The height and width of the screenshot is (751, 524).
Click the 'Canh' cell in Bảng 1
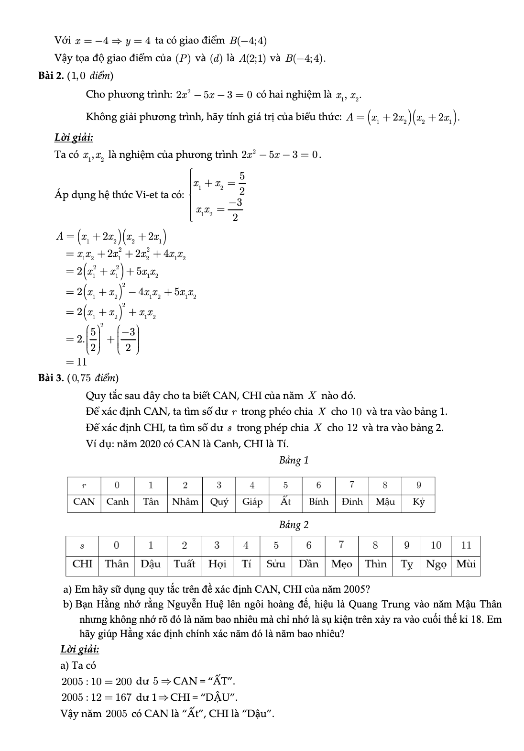[118, 502]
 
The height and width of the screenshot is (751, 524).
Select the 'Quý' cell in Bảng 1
[219, 502]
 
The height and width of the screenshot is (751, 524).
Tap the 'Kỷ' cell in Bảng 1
[418, 502]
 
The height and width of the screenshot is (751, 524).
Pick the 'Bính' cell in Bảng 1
[318, 502]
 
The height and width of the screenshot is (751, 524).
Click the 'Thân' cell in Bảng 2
[117, 564]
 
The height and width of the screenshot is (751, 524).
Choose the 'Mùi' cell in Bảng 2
[466, 564]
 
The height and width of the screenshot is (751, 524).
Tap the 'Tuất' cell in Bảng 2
[184, 564]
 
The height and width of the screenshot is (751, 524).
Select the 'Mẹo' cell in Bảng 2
[342, 564]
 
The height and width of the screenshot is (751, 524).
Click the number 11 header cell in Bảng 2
[466, 545]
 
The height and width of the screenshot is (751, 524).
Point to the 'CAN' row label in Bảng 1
[84, 502]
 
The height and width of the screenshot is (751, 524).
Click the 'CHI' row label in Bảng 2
[82, 564]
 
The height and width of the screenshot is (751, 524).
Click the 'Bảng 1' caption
[294, 460]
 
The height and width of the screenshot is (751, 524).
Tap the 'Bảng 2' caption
[294, 525]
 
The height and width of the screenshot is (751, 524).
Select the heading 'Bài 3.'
[51, 378]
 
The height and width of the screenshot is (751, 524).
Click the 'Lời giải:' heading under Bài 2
[74, 138]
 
